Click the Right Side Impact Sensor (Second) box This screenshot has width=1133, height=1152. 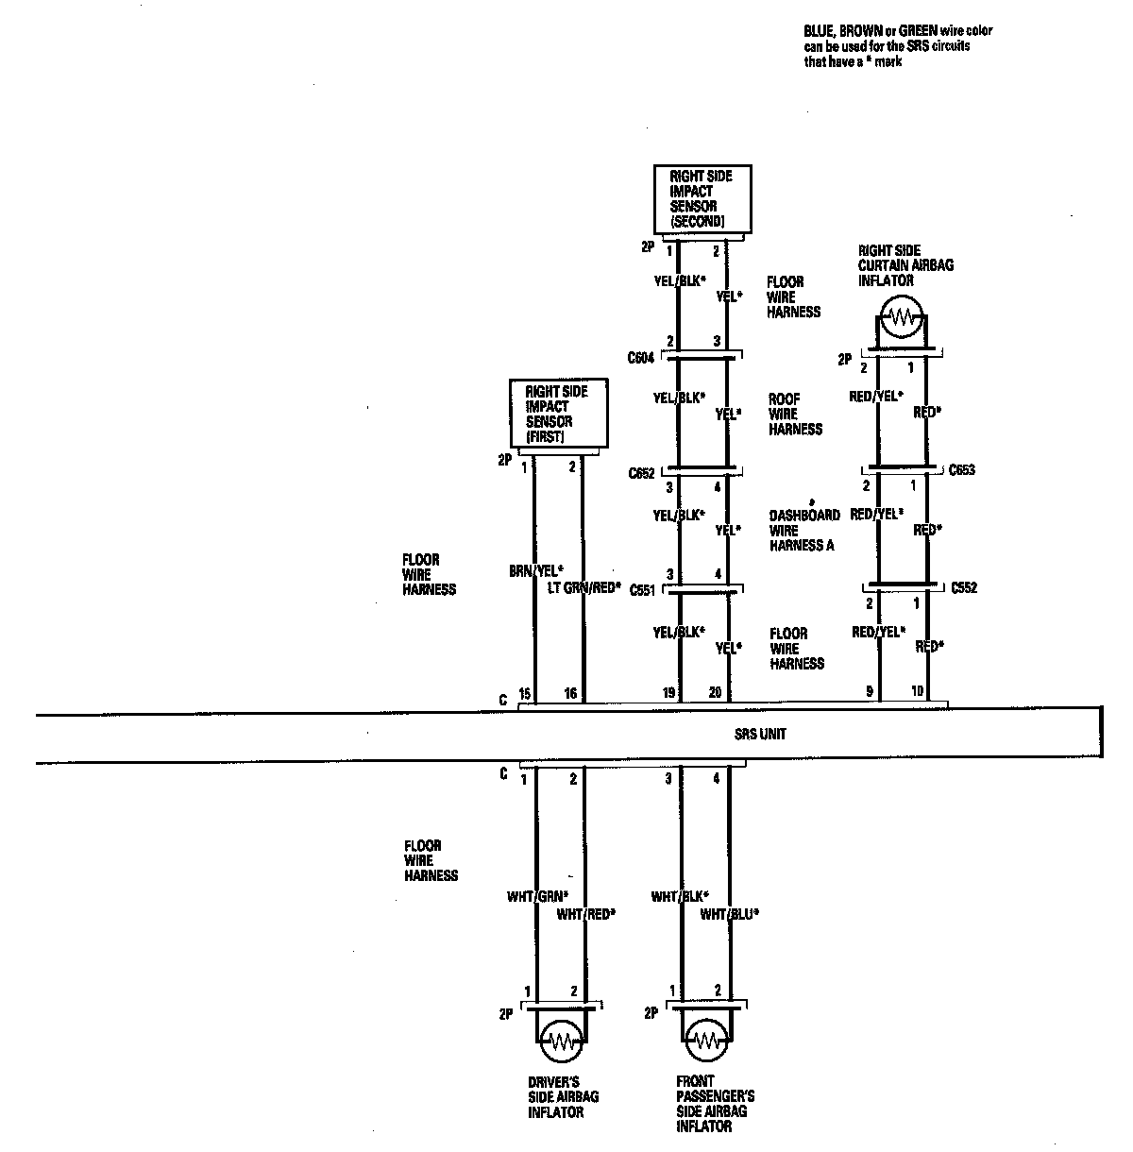click(x=703, y=198)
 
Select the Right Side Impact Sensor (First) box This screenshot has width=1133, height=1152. click(x=558, y=414)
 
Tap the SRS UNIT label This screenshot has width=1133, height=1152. click(x=761, y=734)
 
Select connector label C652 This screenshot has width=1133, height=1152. click(x=641, y=474)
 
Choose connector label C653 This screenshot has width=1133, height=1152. click(x=962, y=469)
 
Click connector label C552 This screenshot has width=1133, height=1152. click(x=964, y=587)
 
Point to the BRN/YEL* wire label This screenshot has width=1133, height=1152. click(x=535, y=571)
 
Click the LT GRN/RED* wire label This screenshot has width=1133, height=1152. click(x=584, y=587)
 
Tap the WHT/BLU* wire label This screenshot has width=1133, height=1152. click(x=730, y=914)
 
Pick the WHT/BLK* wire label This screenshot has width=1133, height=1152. click(x=680, y=896)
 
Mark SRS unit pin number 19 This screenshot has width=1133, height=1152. click(x=668, y=694)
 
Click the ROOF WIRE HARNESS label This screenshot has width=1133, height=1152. click(x=795, y=415)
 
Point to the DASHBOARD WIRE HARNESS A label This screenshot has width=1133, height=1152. click(x=803, y=531)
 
